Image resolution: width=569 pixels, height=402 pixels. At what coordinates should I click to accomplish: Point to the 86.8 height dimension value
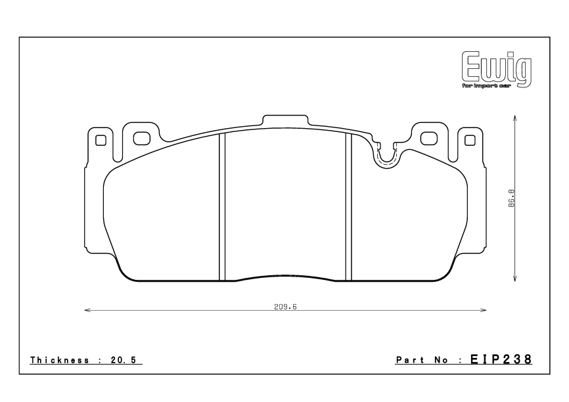(511, 198)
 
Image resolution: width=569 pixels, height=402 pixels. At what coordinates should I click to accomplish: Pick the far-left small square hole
(101, 140)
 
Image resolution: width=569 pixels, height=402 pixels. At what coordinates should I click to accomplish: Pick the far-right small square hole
(470, 139)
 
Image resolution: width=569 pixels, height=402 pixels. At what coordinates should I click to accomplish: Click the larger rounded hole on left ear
(141, 138)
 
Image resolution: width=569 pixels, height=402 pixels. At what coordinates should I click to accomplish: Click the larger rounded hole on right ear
(429, 138)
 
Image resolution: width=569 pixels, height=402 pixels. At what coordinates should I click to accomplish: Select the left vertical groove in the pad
(222, 207)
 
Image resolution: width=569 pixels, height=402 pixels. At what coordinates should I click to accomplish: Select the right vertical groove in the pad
(349, 207)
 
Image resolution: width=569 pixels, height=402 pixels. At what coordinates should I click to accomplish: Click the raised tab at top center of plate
(285, 120)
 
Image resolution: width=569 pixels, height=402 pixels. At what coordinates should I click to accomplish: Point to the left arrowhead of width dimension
(87, 311)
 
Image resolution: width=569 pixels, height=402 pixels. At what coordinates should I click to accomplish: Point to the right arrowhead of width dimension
(484, 311)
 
